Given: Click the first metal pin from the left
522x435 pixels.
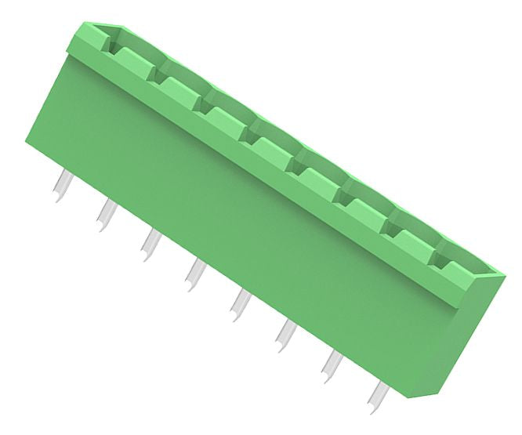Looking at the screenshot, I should (x=61, y=186).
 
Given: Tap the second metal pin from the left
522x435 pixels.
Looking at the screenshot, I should (x=105, y=214).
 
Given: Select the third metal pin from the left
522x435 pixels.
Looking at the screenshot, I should (x=150, y=243).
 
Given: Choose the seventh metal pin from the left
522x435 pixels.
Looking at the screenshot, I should (x=332, y=363).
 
